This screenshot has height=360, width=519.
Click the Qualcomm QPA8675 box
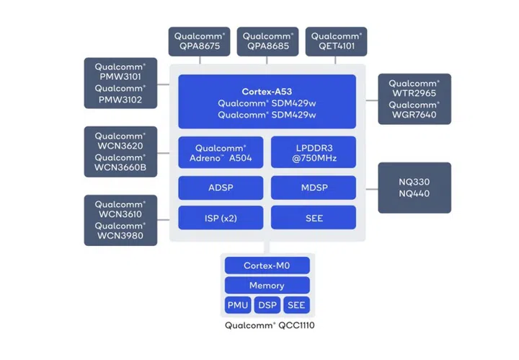(199, 42)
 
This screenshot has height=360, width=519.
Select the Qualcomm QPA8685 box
(267, 42)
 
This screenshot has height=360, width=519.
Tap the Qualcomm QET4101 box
(336, 42)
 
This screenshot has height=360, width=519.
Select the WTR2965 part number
(414, 92)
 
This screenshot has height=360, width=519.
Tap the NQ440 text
(414, 194)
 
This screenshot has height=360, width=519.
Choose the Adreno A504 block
(221, 152)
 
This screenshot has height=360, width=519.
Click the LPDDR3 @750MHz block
(313, 152)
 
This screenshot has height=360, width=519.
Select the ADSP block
(221, 188)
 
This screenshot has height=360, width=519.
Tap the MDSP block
(313, 188)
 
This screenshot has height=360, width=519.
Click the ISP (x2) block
(221, 217)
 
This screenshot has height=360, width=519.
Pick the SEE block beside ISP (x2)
(313, 217)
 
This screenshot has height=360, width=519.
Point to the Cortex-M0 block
(267, 265)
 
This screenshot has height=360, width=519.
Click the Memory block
(267, 285)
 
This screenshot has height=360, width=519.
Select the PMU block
(238, 305)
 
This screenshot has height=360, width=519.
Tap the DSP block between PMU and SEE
(267, 305)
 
